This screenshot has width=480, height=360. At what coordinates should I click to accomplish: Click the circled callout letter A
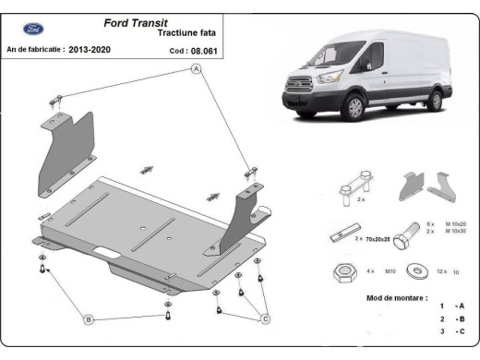point(196,78)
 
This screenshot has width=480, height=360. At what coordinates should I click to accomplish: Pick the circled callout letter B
point(88,319)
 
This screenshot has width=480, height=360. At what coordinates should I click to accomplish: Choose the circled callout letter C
point(265,319)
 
